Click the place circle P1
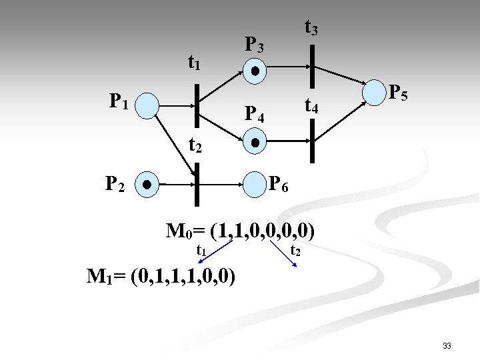click(149, 105)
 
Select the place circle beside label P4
click(255, 141)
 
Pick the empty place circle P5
click(373, 93)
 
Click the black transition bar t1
click(196, 105)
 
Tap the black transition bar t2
click(197, 183)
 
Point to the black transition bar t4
click(311, 141)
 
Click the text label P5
click(399, 92)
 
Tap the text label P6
click(278, 185)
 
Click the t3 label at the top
click(311, 28)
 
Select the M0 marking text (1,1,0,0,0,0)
click(241, 231)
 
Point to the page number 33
click(447, 345)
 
